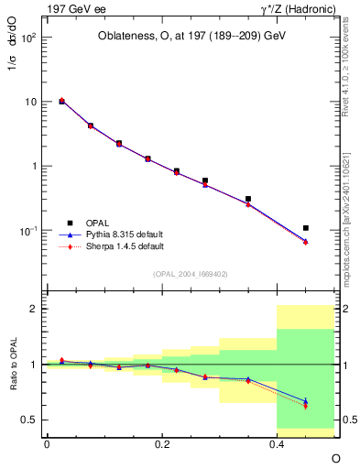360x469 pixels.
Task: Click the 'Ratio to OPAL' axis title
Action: pos(11,364)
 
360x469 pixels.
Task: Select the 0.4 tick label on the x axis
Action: pos(276,443)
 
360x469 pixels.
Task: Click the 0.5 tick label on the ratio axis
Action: pos(30,420)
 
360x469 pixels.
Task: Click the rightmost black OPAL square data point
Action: pos(306,228)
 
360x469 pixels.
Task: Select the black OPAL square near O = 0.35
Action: pos(248,199)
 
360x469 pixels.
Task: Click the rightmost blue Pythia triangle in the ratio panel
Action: pos(306,400)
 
